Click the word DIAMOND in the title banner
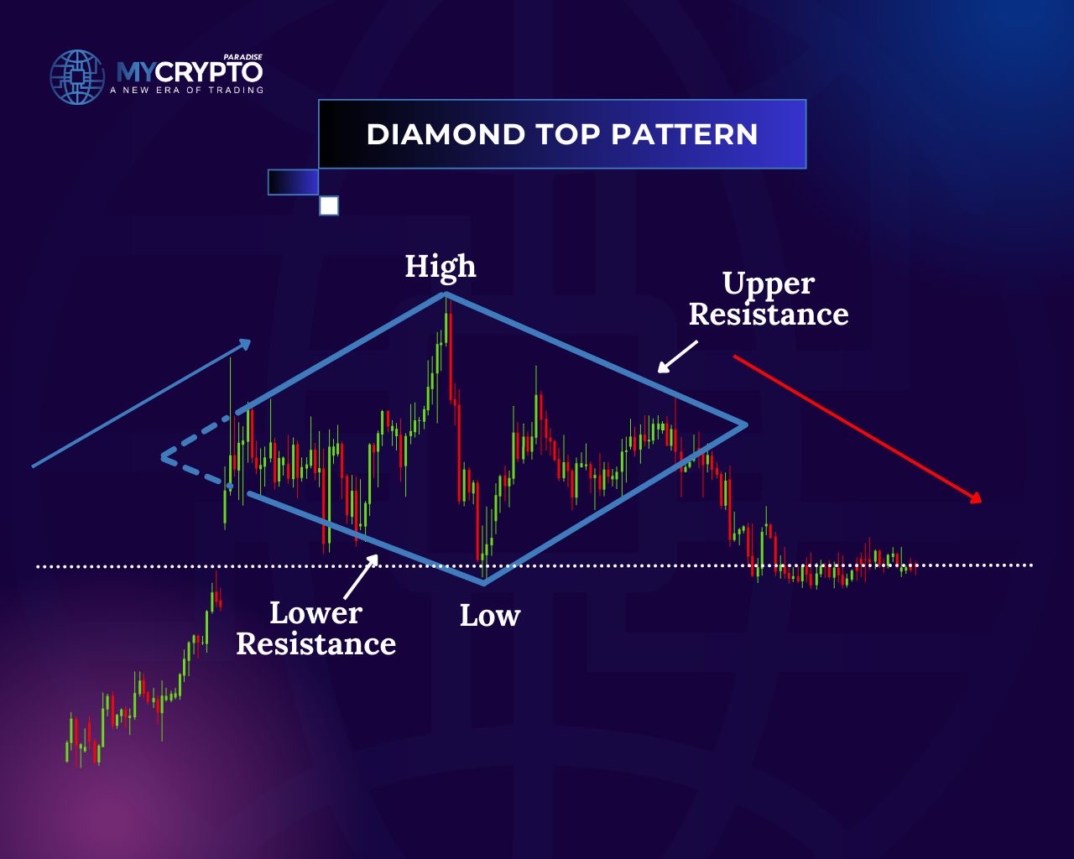coord(446,134)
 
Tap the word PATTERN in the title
coord(685,134)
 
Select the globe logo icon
coord(77,77)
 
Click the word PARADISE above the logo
coord(242,57)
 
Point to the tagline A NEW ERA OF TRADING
coord(186,90)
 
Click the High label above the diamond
coord(441,266)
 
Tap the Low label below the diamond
coord(489,615)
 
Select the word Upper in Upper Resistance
coord(769,284)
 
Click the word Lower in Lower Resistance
coord(316,613)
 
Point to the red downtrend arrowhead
coord(975,497)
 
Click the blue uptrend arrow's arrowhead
coord(244,344)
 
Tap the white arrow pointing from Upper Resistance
coord(677,357)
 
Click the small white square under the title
coord(329,206)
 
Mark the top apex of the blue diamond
coord(445,294)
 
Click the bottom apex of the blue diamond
coord(484,582)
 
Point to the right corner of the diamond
coord(745,424)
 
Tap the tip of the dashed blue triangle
coord(163,456)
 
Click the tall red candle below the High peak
coord(451,357)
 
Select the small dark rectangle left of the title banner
coord(293,182)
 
